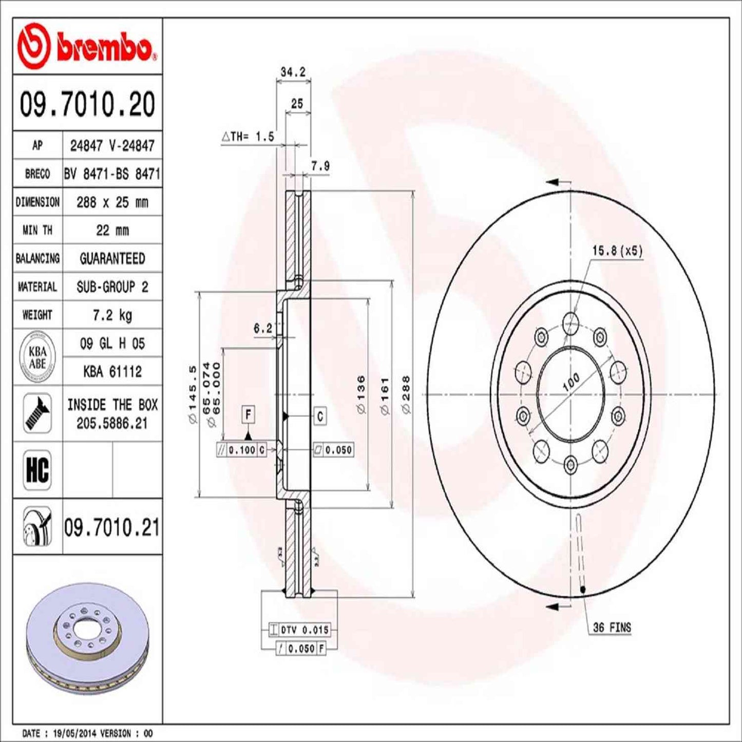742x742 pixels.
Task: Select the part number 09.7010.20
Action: (x=87, y=104)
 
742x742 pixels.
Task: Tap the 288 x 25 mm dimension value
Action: (x=112, y=202)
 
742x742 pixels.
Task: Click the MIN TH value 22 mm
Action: (x=112, y=231)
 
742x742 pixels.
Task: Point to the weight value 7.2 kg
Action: (x=112, y=315)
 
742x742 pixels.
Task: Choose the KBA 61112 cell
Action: (x=112, y=371)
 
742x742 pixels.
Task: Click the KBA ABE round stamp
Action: (x=37, y=357)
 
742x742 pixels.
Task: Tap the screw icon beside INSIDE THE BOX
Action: (x=37, y=413)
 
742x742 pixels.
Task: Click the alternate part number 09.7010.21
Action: (x=112, y=528)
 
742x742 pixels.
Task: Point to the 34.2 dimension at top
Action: (x=293, y=72)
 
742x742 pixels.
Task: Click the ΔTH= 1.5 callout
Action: (x=248, y=137)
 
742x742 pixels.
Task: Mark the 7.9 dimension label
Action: (x=320, y=166)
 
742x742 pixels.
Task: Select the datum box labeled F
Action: (x=249, y=414)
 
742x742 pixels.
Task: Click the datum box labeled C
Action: (x=320, y=416)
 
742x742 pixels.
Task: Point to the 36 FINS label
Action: (x=612, y=627)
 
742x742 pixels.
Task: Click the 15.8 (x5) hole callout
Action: (x=617, y=251)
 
